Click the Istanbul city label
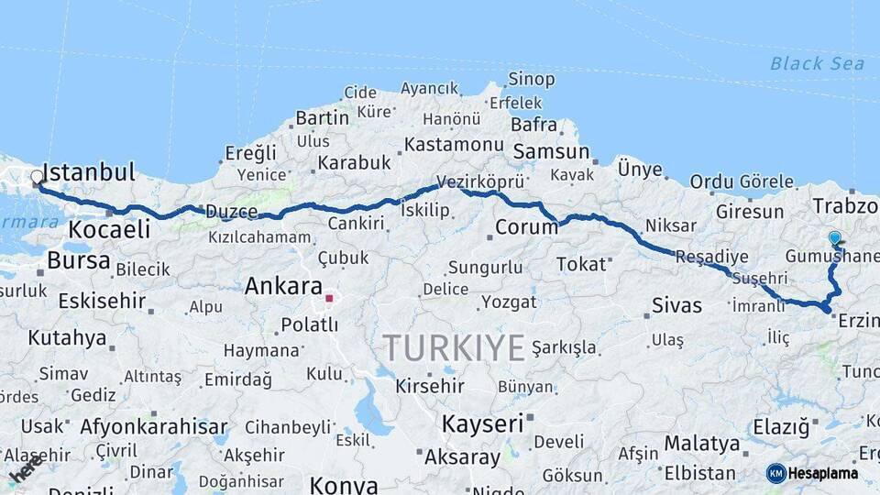tap(89, 172)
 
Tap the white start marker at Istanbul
tap(37, 177)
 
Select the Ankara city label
tap(283, 286)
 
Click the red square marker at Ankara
tap(329, 298)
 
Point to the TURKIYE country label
tap(454, 347)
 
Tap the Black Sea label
tap(817, 63)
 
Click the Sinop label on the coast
tap(532, 80)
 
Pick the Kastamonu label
tap(454, 145)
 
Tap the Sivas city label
tap(676, 305)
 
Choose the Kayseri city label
tap(483, 423)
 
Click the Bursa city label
tap(79, 260)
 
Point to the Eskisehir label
tap(102, 301)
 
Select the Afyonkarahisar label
tap(153, 426)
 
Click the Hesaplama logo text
tap(824, 473)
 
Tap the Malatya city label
tap(702, 444)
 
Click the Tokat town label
tap(581, 264)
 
